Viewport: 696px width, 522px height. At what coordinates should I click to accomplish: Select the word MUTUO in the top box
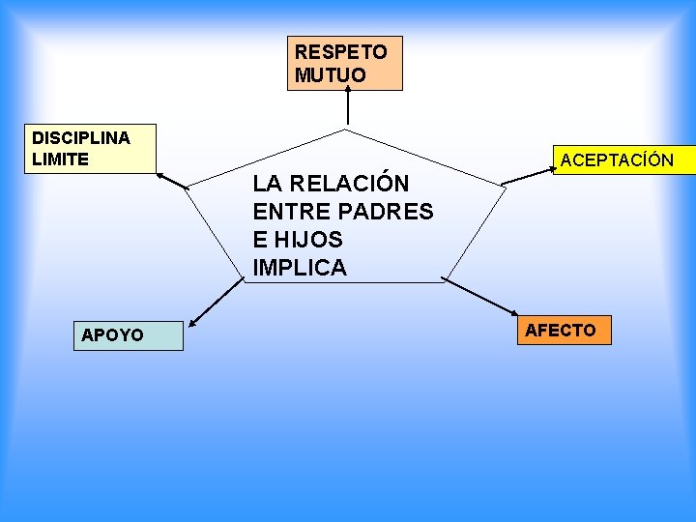click(x=331, y=75)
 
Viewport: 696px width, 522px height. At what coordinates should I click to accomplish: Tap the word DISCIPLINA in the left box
click(x=81, y=137)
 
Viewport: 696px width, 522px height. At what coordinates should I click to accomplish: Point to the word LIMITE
click(x=60, y=159)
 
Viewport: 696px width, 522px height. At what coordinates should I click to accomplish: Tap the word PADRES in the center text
click(x=389, y=212)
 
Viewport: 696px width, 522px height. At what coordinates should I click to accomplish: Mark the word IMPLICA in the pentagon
click(x=300, y=268)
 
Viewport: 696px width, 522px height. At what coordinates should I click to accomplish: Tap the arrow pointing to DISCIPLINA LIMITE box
click(x=174, y=181)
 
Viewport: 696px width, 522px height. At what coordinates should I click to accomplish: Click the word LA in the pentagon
click(x=266, y=183)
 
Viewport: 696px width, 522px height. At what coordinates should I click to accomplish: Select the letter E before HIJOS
click(x=260, y=240)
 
